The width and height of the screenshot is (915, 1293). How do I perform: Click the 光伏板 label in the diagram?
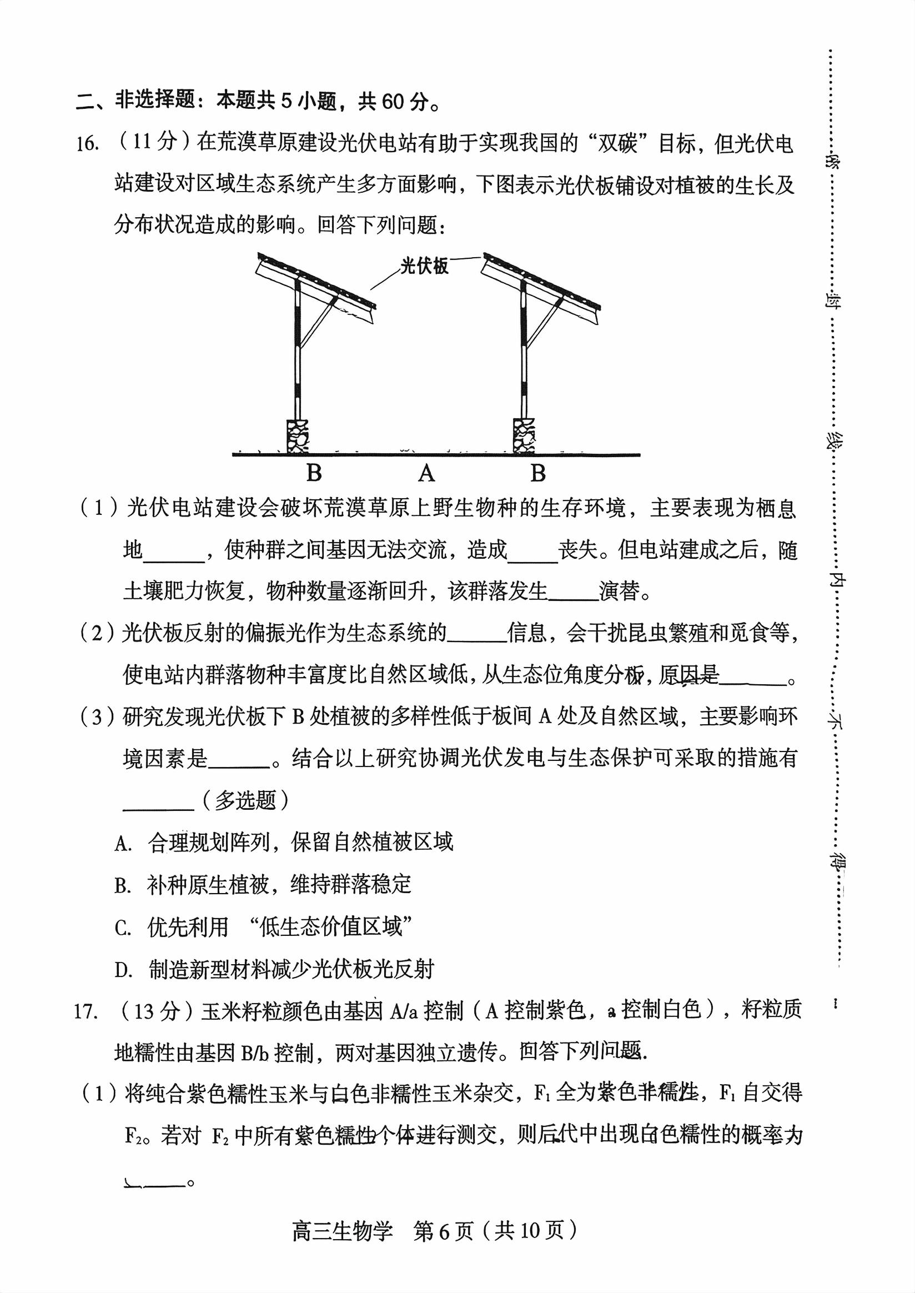[424, 265]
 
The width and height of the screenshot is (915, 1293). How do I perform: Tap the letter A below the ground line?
[426, 473]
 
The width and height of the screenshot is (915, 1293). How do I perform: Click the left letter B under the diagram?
[314, 473]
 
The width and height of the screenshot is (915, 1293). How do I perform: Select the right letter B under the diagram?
[538, 473]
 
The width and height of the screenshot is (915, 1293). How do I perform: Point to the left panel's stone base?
[298, 436]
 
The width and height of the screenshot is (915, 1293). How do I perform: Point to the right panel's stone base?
[524, 436]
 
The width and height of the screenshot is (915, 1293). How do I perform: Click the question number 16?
[88, 144]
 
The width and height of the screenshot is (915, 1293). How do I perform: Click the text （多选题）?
[245, 800]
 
